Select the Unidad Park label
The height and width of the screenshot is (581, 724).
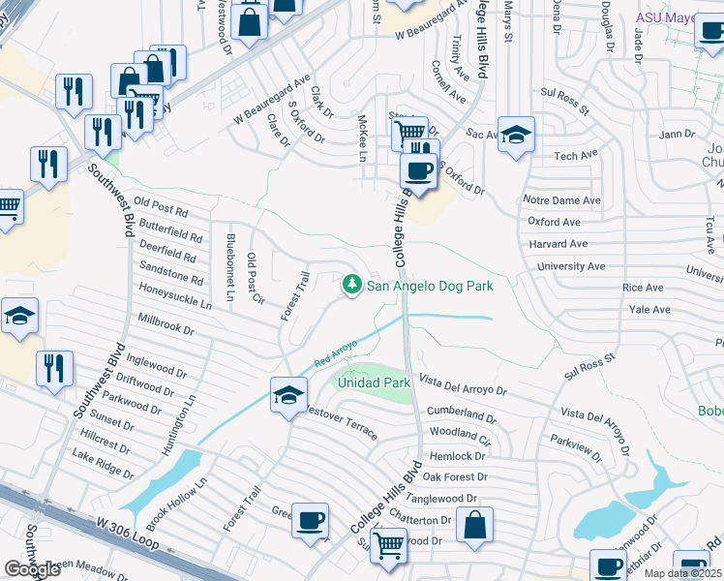pos(375,382)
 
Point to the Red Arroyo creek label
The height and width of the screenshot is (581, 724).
pos(335,353)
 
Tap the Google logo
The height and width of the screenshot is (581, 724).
pos(32,569)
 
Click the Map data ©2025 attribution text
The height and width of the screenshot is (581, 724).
pos(682,573)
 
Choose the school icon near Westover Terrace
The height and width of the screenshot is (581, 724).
pos(288,396)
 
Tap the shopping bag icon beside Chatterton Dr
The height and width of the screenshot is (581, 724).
pos(474,527)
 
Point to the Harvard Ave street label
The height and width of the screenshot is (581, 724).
pos(558,244)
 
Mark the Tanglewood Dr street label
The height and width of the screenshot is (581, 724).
pos(441,498)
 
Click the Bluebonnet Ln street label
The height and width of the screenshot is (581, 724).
pos(230,266)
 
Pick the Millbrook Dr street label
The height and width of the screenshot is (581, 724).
pos(166,323)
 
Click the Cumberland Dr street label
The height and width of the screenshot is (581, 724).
pos(461,412)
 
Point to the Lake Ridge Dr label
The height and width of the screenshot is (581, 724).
pos(103,464)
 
